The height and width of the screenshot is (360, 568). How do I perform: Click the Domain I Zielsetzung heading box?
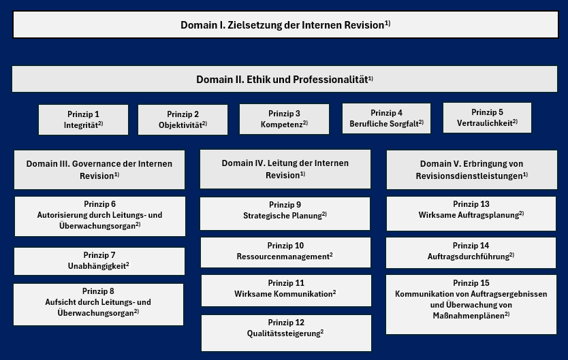coord(285,24)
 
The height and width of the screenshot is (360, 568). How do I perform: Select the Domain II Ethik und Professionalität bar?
coord(285,79)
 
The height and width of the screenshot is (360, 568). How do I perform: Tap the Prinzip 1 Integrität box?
coord(83,120)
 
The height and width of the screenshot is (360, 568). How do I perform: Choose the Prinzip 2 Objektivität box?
coord(183,120)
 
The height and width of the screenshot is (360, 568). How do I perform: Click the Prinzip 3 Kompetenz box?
coord(285,119)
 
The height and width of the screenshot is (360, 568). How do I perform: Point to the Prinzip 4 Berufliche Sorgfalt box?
coord(387,118)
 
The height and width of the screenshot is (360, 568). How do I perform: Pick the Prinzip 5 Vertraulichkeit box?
coord(487,118)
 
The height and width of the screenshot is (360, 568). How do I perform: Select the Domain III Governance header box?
coord(99,169)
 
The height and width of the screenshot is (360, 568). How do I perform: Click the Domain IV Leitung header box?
coord(285,169)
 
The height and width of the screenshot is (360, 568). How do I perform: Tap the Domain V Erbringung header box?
coord(472,169)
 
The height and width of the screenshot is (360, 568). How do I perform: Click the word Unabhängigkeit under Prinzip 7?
coord(97,266)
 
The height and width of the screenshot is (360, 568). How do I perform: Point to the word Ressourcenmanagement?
coord(283,257)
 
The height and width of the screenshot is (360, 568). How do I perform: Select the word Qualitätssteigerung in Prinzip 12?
coord(283,333)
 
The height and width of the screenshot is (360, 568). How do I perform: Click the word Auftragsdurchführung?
coord(469,257)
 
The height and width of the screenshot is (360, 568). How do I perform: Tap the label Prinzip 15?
coord(471,283)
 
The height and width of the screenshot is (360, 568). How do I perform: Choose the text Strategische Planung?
coord(283,216)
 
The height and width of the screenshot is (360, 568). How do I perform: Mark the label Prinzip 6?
coord(99,204)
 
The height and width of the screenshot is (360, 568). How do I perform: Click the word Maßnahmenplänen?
coord(469,316)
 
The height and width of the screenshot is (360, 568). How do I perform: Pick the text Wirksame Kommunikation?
coord(283,294)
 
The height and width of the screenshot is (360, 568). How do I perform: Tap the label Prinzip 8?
coord(98,291)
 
